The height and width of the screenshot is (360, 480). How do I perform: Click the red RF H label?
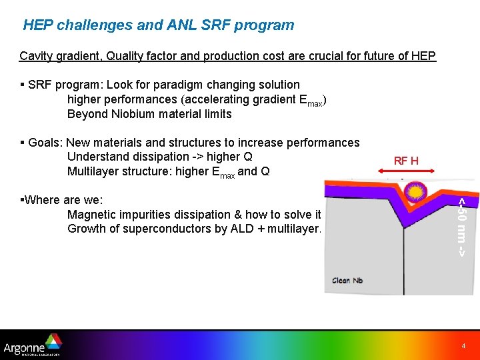click(x=406, y=161)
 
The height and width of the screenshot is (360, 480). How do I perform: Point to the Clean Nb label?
click(x=348, y=281)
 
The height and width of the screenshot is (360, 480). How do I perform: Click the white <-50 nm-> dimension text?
click(x=461, y=227)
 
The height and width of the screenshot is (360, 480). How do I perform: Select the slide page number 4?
click(x=464, y=347)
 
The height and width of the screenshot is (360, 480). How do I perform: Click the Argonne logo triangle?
click(x=53, y=342)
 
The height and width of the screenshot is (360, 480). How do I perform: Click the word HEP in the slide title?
click(x=39, y=26)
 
